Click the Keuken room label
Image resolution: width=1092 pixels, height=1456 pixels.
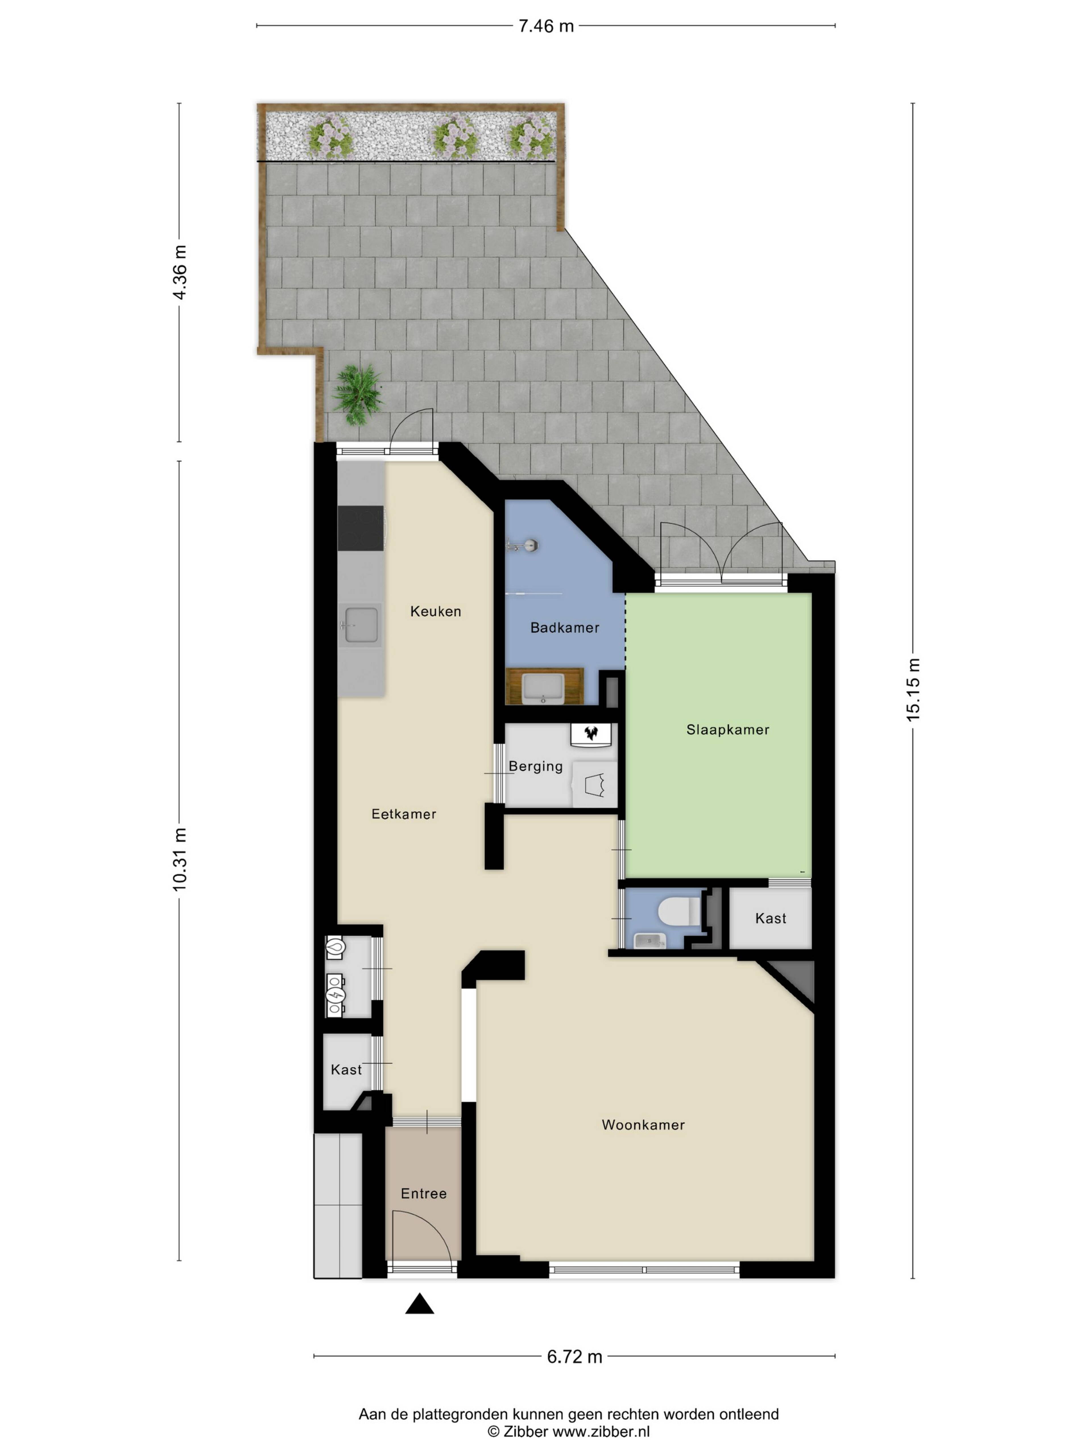click(435, 611)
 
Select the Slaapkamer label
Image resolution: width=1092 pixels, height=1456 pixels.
click(727, 730)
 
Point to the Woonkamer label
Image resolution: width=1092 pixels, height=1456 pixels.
click(643, 1125)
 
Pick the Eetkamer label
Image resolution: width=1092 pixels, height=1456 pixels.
click(404, 814)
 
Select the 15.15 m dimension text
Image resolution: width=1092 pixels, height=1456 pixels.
click(914, 690)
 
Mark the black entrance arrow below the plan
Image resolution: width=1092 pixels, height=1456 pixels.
click(419, 1304)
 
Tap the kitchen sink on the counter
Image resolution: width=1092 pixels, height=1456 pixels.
click(361, 625)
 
